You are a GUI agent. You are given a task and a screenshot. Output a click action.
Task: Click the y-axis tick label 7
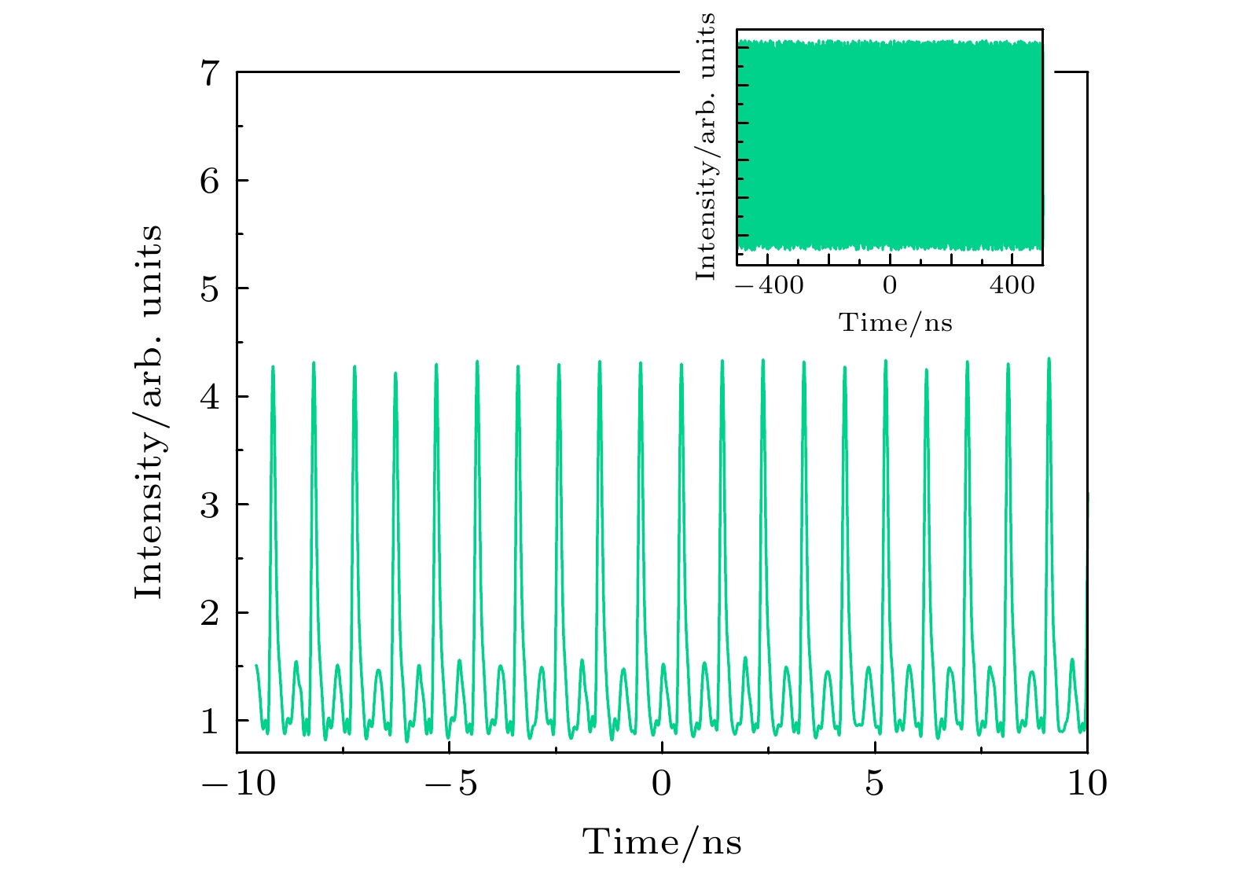click(x=209, y=74)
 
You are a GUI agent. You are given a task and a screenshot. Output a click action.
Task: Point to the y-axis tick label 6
click(x=209, y=182)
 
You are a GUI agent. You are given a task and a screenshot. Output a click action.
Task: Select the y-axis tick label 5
click(x=209, y=290)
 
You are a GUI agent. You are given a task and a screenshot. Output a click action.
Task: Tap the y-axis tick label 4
click(x=209, y=398)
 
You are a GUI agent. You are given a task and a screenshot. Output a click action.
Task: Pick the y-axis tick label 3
click(x=209, y=505)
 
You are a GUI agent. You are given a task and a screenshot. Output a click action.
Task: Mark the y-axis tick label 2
click(x=209, y=614)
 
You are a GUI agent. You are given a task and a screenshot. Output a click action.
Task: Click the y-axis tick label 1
click(x=209, y=722)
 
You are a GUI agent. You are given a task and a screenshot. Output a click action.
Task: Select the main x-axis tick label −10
click(x=239, y=784)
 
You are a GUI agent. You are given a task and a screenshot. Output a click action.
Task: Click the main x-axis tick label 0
click(x=662, y=784)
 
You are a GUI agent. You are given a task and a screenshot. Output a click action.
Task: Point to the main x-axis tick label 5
click(x=875, y=784)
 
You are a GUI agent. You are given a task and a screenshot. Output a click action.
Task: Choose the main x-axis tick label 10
click(x=1087, y=784)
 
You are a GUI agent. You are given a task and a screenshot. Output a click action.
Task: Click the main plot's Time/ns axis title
click(x=662, y=843)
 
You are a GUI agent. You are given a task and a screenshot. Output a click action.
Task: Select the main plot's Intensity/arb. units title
click(x=149, y=412)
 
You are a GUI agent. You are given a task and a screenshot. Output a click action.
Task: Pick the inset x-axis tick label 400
click(x=1012, y=285)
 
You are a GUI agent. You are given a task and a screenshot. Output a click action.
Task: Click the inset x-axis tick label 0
click(x=889, y=285)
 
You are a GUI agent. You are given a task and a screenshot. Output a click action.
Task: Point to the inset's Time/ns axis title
click(x=896, y=322)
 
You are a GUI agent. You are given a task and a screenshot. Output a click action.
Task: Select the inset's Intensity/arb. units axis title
click(x=706, y=146)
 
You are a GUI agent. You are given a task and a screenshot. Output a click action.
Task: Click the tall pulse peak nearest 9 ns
click(x=1049, y=360)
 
